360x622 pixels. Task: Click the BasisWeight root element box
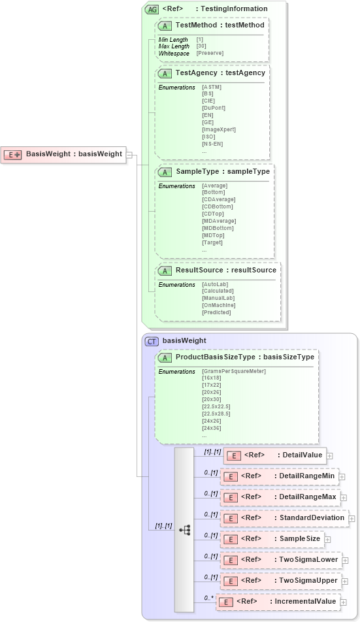point(63,154)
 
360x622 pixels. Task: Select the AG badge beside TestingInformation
point(152,9)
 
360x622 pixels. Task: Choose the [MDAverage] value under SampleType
point(219,221)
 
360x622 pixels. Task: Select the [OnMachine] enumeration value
point(219,305)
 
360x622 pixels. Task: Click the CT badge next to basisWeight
point(152,341)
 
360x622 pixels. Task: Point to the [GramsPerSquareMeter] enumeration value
point(234,371)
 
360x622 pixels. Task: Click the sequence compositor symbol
point(184,530)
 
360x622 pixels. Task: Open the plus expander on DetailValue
point(330,455)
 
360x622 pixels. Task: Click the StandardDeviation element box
point(284,518)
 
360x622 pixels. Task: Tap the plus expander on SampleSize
point(327,539)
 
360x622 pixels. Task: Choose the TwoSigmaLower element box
point(281,560)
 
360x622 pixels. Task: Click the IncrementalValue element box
point(278,602)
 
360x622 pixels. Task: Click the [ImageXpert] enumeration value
point(219,129)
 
